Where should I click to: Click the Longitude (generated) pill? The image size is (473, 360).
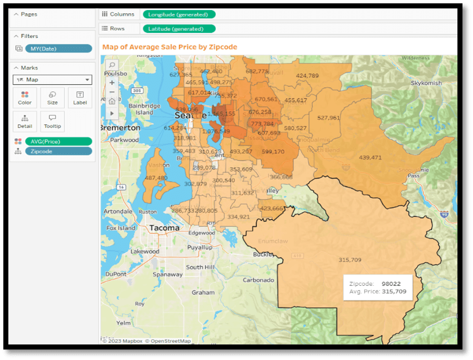click(x=179, y=14)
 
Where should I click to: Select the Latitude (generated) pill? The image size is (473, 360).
click(x=179, y=28)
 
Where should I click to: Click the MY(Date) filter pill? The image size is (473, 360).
click(x=58, y=48)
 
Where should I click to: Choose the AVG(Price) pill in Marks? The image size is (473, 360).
click(x=58, y=142)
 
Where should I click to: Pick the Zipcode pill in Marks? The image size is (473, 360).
click(x=58, y=151)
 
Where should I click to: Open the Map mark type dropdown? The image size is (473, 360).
click(x=52, y=80)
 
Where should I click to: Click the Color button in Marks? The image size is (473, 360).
click(x=25, y=98)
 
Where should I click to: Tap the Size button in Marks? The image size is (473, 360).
click(x=52, y=98)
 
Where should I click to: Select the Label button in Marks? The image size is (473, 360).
click(x=80, y=98)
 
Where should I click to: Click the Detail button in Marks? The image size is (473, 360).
click(x=25, y=121)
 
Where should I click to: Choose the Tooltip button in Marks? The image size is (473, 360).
click(x=52, y=121)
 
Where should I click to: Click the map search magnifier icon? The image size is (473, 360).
click(x=112, y=65)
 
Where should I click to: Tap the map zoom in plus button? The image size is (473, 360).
click(x=112, y=82)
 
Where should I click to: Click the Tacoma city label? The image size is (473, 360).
click(x=164, y=227)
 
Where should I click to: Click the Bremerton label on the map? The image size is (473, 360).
click(x=120, y=128)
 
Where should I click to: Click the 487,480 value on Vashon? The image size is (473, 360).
click(x=155, y=178)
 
